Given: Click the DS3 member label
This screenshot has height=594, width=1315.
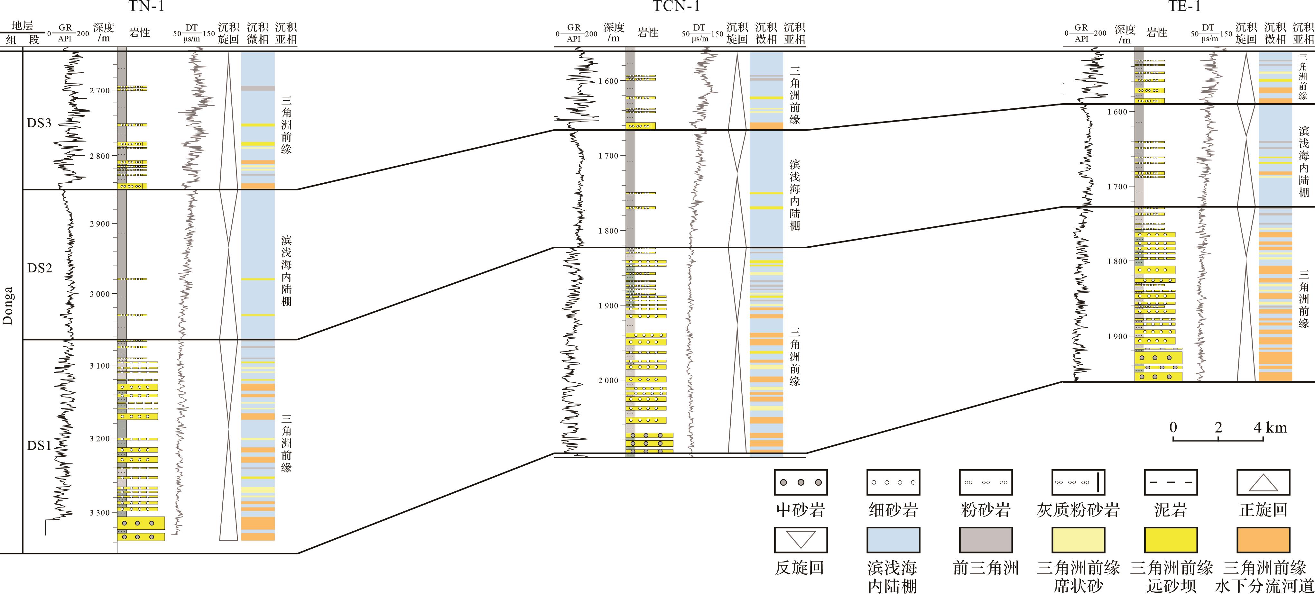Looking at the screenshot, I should (39, 123).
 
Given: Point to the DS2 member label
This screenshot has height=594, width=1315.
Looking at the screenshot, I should (39, 268).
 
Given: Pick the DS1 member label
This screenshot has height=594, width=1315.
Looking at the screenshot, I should (39, 445).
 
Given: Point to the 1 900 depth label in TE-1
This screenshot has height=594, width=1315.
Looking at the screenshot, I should (1117, 337).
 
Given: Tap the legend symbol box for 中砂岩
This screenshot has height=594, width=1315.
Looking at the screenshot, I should (801, 482).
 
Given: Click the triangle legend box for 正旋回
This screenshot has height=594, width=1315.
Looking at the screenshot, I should (1263, 482).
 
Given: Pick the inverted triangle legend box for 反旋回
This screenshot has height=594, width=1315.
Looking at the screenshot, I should (801, 540).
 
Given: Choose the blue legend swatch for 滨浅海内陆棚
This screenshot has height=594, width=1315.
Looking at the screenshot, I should (893, 540).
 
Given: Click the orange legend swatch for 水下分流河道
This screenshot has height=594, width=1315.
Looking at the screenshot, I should (1263, 540).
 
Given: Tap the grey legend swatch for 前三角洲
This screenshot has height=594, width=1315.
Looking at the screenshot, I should (985, 540).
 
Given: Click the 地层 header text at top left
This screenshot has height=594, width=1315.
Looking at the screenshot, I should (23, 25).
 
